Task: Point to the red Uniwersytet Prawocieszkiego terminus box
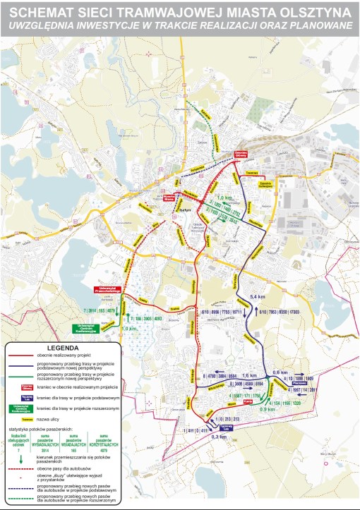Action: (107, 289)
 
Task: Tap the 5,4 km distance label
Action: (258, 297)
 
